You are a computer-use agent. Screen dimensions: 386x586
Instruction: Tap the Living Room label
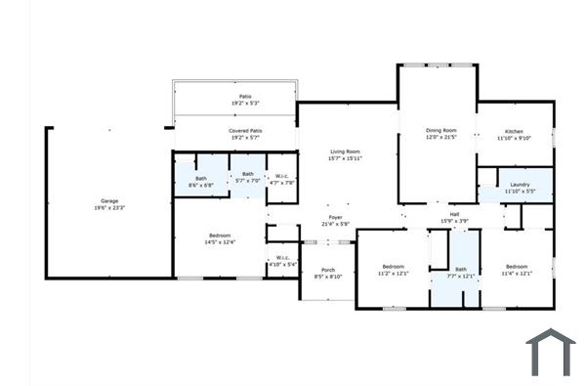click(x=346, y=151)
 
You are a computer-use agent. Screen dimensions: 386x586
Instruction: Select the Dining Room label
click(x=440, y=130)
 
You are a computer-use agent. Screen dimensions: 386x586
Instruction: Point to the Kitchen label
click(x=514, y=131)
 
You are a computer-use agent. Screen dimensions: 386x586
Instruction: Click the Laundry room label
click(x=520, y=185)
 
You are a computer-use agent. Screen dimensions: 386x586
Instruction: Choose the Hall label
click(x=454, y=214)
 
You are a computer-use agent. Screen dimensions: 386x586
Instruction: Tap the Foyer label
click(x=335, y=217)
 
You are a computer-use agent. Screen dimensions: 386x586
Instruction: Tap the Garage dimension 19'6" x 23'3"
click(x=108, y=207)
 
